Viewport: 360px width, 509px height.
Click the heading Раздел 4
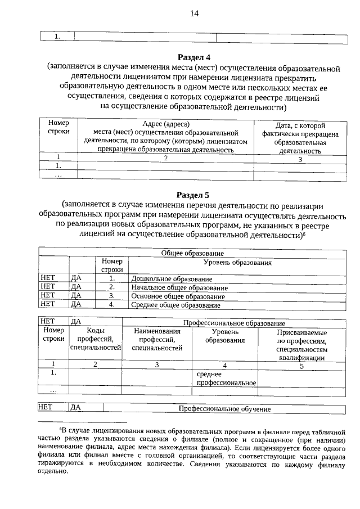point(193,57)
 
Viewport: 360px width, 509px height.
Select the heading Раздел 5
point(193,195)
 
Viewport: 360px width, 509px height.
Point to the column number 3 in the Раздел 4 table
point(299,159)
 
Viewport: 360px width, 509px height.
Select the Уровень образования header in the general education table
point(237,263)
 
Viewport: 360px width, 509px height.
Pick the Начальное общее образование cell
point(179,287)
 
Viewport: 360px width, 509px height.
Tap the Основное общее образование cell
point(178,296)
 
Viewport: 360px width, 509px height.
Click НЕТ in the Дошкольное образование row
point(48,278)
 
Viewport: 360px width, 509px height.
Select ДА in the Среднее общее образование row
point(76,304)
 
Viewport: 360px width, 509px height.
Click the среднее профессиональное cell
point(226,378)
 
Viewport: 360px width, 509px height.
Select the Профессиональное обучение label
point(225,409)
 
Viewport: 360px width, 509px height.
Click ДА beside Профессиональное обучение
point(76,408)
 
